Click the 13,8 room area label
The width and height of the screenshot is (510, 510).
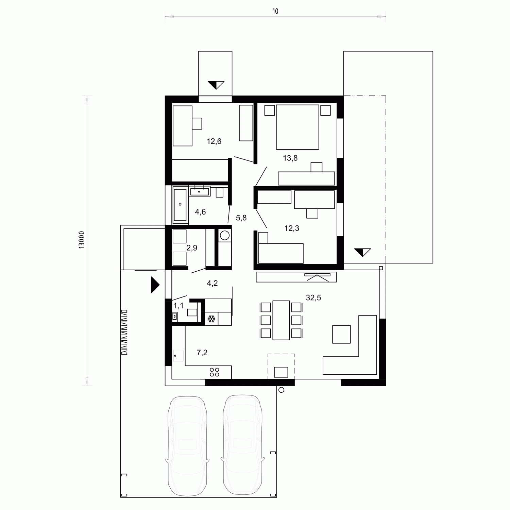290,158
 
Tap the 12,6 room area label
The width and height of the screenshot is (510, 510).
214,141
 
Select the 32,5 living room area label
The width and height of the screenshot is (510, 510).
313,298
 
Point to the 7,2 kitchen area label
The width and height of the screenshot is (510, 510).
202,353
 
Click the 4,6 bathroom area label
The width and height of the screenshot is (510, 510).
200,212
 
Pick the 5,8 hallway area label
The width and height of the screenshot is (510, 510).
241,218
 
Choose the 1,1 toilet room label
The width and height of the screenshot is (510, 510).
178,306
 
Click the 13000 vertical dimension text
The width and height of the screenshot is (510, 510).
82,241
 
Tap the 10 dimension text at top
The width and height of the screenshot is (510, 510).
275,12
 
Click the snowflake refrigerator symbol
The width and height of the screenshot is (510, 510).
211,319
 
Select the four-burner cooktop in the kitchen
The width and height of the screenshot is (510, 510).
215,372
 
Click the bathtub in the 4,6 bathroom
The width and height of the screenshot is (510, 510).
180,205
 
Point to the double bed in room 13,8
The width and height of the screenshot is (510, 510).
297,127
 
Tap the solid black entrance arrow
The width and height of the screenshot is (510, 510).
155,285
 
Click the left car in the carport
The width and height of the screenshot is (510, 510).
187,445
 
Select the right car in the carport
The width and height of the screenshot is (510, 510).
243,445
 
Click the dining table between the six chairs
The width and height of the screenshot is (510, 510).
281,320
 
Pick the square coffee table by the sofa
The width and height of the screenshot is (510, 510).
341,334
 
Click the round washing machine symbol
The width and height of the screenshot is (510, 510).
225,235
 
